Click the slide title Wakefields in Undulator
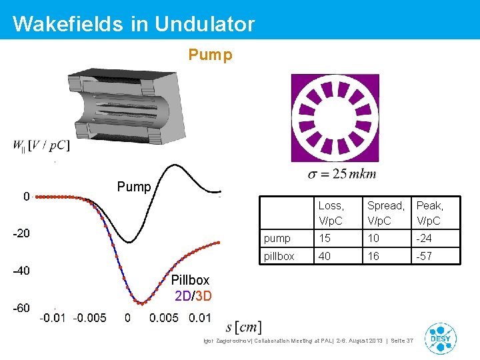coord(133,24)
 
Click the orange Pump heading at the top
coord(210,55)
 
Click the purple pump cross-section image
coord(334,118)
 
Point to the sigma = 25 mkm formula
coord(342,175)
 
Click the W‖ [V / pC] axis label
coord(41,146)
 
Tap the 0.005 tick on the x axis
coord(163,318)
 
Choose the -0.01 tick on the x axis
coord(53,318)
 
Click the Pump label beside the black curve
coord(134,187)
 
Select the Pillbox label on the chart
coord(190,280)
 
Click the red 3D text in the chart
coord(203,295)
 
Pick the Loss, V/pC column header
coord(331,213)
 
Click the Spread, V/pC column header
coord(385,213)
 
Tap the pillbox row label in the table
coord(279,256)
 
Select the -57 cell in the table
coord(425,256)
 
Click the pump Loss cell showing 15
coord(325,238)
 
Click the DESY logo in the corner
coord(440,339)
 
